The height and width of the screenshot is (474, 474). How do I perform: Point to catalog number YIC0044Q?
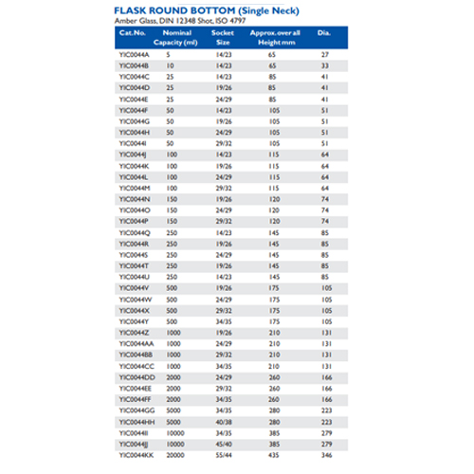click(x=134, y=231)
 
